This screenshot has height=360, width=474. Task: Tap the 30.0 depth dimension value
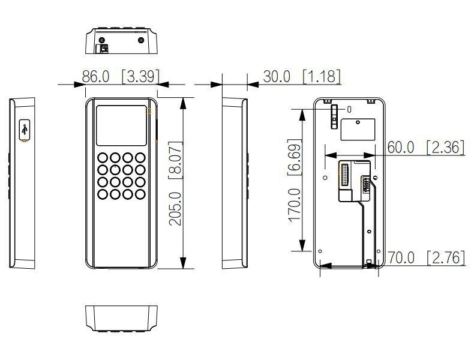click(277, 77)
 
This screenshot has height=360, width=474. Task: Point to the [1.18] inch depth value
click(321, 77)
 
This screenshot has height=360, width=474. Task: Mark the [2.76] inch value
click(445, 258)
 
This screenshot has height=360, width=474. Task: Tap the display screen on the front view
click(122, 125)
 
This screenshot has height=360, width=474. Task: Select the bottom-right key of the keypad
click(140, 194)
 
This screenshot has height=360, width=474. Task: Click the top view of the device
click(122, 41)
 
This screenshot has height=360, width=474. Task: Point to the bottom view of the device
click(122, 317)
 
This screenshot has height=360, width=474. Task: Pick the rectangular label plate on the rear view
click(358, 129)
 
